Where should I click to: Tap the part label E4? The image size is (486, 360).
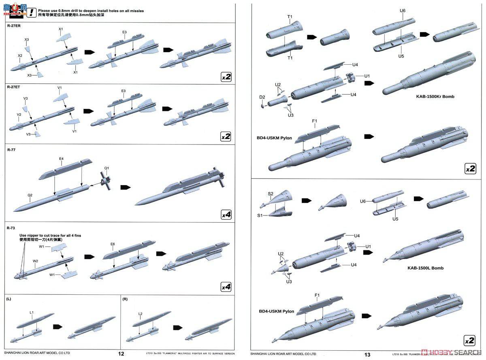click(62, 163)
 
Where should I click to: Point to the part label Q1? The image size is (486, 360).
click(107, 168)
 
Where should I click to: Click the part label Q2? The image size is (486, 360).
click(30, 195)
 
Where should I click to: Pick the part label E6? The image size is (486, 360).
click(113, 244)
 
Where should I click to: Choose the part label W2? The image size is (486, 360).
click(36, 261)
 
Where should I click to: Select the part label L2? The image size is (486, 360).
click(140, 313)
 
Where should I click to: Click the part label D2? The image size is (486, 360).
click(262, 97)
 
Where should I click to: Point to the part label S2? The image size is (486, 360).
click(271, 194)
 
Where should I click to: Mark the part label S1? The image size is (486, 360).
click(260, 215)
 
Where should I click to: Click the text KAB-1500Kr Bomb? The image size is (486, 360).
click(435, 97)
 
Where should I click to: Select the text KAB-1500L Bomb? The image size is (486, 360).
click(425, 268)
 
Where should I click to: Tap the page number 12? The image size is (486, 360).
click(121, 354)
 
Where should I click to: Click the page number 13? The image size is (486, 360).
click(367, 355)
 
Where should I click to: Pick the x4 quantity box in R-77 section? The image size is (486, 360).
click(226, 215)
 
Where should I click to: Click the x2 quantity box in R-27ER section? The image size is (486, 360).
click(226, 77)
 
